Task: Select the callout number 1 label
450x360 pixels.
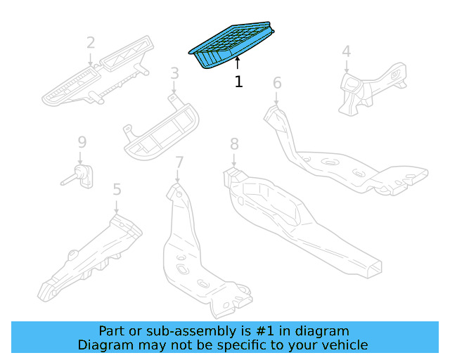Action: pyautogui.click(x=238, y=82)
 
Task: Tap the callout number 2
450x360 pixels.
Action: pyautogui.click(x=91, y=43)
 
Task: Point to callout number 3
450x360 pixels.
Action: pyautogui.click(x=174, y=72)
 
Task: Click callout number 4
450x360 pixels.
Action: pyautogui.click(x=346, y=51)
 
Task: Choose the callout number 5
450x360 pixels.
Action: pyautogui.click(x=117, y=188)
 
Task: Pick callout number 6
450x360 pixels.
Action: pyautogui.click(x=277, y=83)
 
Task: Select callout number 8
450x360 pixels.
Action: pyautogui.click(x=234, y=144)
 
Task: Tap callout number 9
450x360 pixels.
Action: pyautogui.click(x=82, y=143)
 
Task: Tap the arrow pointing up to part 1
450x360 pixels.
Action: pyautogui.click(x=238, y=64)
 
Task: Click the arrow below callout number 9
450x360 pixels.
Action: pyautogui.click(x=81, y=157)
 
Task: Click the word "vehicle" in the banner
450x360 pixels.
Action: pyautogui.click(x=344, y=345)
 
